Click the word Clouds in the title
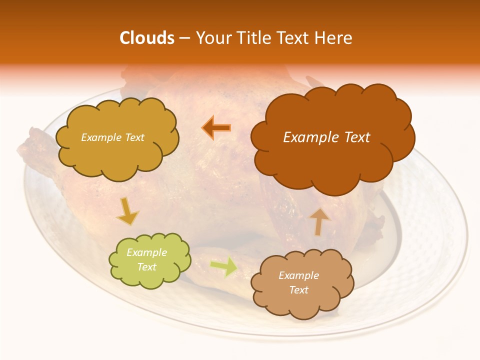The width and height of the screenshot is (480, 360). [146, 38]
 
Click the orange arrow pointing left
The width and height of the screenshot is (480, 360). [216, 128]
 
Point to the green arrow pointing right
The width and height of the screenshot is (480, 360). [223, 266]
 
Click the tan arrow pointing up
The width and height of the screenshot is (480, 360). [319, 221]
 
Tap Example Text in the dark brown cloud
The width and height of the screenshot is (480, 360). [326, 137]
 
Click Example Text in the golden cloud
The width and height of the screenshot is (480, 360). [112, 137]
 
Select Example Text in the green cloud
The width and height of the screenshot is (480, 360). [147, 259]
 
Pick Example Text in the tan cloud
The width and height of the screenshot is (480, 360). [298, 282]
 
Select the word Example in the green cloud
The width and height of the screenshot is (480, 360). [147, 252]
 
